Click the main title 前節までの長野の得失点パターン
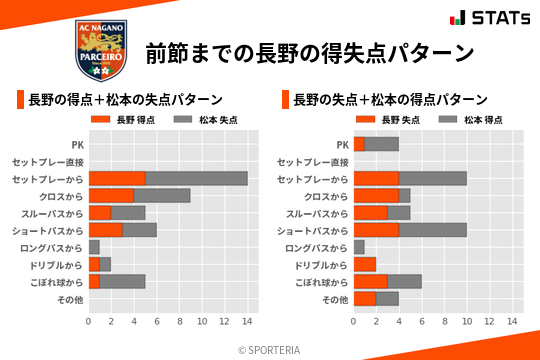pos(309,52)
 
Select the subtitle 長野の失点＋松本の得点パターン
pos(390,100)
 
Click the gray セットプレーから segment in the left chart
pos(196,178)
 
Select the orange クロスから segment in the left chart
pos(111,195)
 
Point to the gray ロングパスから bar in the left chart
pos(94,246)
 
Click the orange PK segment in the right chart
pos(358,144)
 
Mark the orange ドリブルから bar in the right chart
pos(364,264)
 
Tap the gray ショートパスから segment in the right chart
pos(432,230)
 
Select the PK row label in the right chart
pos(343,144)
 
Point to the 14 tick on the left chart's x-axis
pos(247,321)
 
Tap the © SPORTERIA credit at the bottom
pos(270,349)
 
